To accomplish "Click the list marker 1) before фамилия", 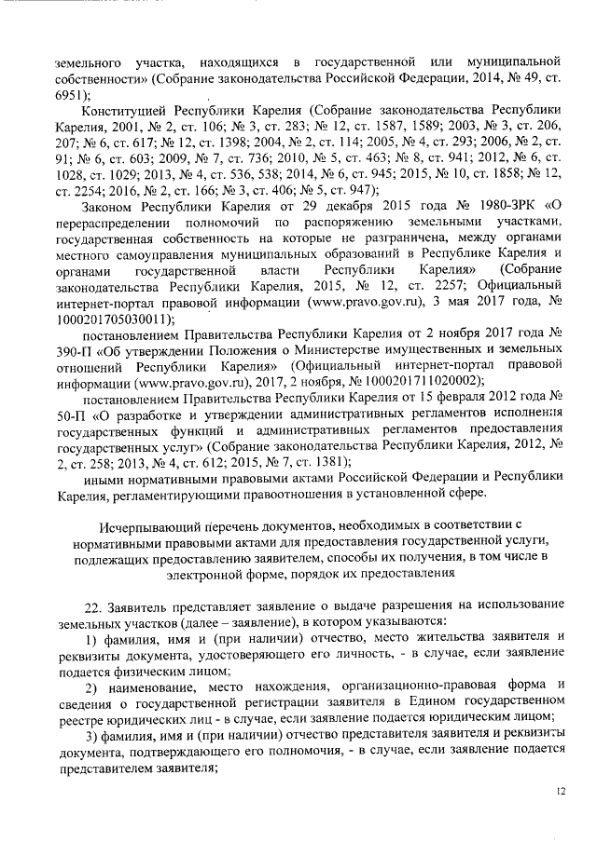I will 90,637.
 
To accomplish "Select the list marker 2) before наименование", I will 90,686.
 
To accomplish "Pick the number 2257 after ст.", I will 409,285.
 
